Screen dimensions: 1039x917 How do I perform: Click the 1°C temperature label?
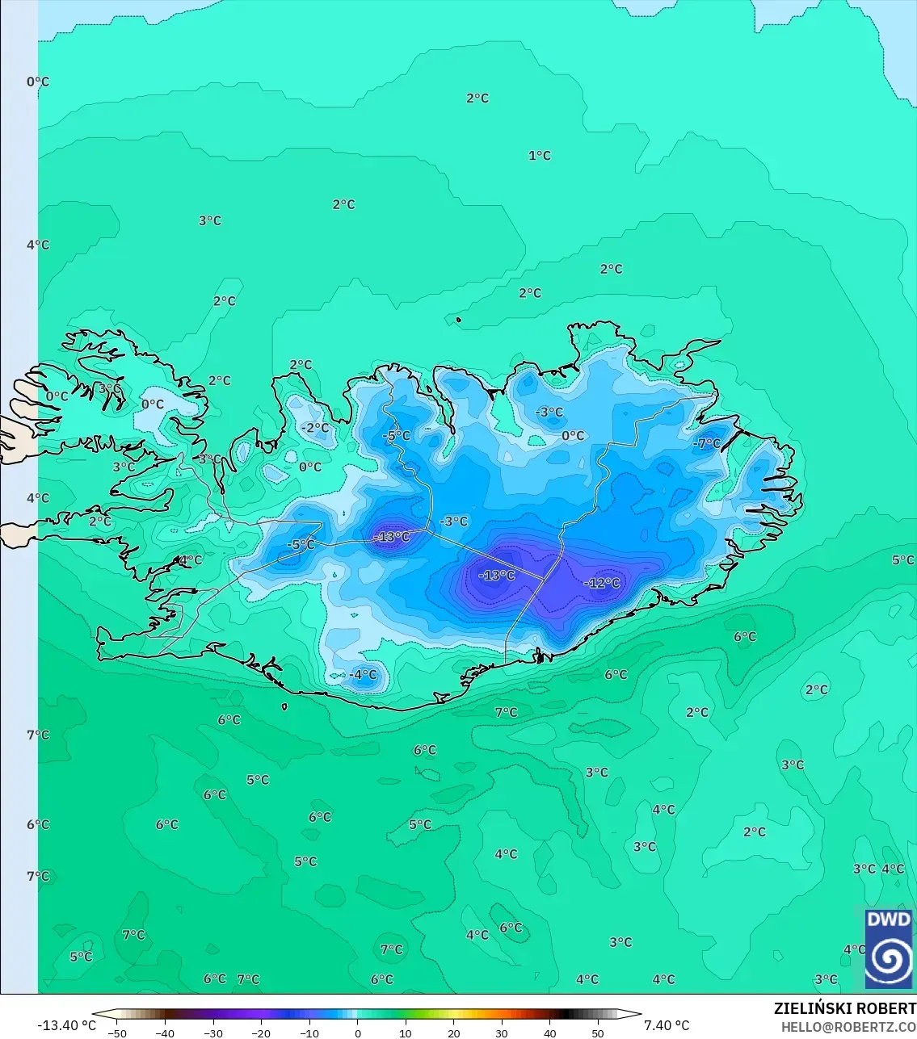pos(540,156)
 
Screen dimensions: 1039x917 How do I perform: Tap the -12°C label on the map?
pos(602,584)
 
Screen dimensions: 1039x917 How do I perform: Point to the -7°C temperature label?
pos(707,444)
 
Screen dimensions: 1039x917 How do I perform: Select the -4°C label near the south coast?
pos(363,675)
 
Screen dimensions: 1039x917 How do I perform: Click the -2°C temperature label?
pos(315,428)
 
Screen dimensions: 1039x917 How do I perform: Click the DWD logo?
pos(888,948)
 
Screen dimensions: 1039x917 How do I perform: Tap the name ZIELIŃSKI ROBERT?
pos(844,1008)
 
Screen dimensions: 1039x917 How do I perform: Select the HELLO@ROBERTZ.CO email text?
pos(848,1027)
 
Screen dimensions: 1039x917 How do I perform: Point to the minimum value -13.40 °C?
pos(66,1025)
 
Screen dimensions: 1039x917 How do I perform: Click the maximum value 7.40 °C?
pos(667,1025)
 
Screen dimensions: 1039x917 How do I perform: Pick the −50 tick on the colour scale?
pos(117,1033)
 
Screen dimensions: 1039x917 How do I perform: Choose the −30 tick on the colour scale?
pos(213,1033)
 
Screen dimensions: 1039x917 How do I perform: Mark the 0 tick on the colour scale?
pos(357,1033)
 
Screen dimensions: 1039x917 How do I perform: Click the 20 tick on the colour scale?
pos(453,1033)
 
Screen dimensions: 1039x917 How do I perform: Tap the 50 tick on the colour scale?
pos(597,1033)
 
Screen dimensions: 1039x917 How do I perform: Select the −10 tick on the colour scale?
pos(309,1033)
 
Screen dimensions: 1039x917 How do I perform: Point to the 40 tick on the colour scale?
pos(549,1033)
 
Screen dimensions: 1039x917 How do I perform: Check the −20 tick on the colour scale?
pos(261,1033)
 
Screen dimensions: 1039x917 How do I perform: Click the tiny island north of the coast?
pos(458,320)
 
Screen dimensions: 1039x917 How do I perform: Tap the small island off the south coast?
pos(285,707)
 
